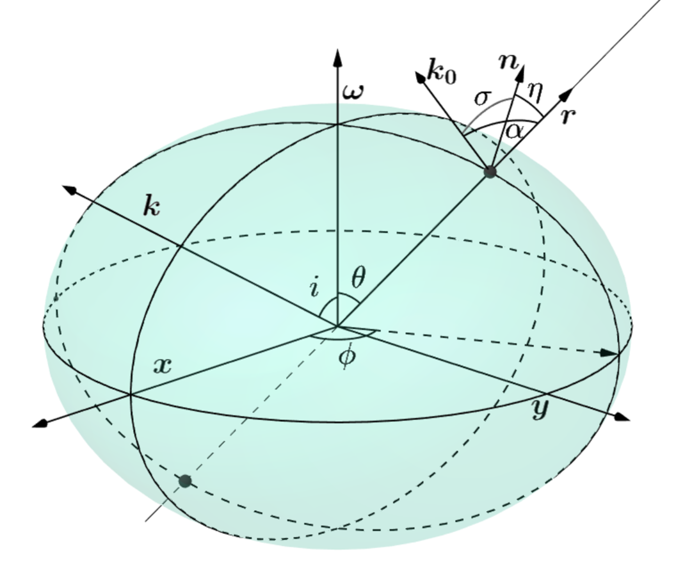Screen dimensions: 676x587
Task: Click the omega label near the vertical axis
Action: click(353, 92)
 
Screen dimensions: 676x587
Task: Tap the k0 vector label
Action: click(442, 74)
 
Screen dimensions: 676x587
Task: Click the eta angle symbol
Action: click(535, 93)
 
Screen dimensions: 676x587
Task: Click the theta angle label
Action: click(358, 277)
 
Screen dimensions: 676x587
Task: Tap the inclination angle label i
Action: click(314, 288)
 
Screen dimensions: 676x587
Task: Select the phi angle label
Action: click(346, 356)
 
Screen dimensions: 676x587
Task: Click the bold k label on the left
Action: click(151, 207)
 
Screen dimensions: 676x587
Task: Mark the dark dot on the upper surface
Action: click(490, 172)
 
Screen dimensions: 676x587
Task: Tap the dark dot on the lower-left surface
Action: click(185, 481)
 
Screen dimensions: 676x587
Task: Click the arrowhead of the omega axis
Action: click(337, 56)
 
